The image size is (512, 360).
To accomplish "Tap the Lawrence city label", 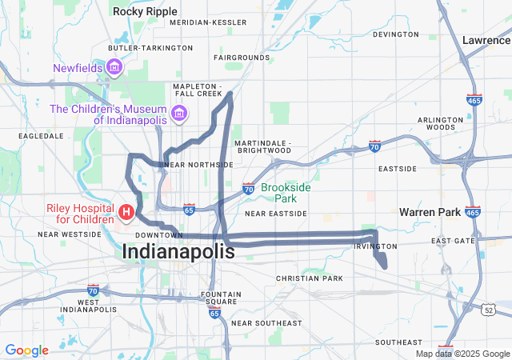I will pyautogui.click(x=486, y=39).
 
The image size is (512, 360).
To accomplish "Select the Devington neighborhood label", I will pyautogui.click(x=395, y=34).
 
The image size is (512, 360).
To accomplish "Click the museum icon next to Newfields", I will pyautogui.click(x=114, y=66).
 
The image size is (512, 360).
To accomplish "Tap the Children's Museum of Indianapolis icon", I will pyautogui.click(x=179, y=113).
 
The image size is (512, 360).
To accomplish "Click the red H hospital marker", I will pyautogui.click(x=126, y=212).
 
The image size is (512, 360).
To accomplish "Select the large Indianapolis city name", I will pyautogui.click(x=178, y=251).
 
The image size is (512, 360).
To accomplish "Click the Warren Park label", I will pyautogui.click(x=430, y=213).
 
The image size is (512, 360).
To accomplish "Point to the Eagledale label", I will pyautogui.click(x=41, y=136).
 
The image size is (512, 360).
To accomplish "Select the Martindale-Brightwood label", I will pyautogui.click(x=262, y=146).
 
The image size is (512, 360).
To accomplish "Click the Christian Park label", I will pyautogui.click(x=309, y=278).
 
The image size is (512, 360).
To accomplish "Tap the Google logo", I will pyautogui.click(x=26, y=350).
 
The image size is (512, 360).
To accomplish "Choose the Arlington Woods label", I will pyautogui.click(x=441, y=123).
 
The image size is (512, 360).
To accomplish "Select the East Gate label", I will pyautogui.click(x=453, y=241).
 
